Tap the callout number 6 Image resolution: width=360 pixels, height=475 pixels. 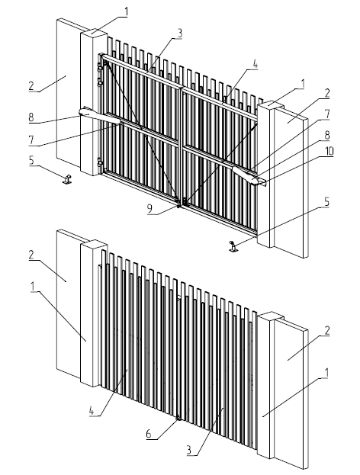(149, 433)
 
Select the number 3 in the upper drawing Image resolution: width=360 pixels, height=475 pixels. (180, 34)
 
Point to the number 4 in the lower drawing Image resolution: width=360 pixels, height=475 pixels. (92, 411)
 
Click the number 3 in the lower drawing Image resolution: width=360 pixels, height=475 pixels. (189, 450)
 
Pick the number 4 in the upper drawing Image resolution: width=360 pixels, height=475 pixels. (255, 64)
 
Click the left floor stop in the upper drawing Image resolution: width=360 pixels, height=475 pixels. (67, 179)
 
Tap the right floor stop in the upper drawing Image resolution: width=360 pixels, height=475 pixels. (233, 246)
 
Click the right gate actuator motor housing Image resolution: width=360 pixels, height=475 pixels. (246, 175)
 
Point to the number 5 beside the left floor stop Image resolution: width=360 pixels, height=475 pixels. (32, 161)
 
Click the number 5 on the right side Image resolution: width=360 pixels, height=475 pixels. (326, 202)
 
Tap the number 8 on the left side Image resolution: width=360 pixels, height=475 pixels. (31, 117)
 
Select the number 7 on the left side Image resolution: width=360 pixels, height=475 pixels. (32, 140)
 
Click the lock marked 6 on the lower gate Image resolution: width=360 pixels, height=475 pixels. (178, 418)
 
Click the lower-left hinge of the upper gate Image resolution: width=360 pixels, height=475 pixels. (99, 162)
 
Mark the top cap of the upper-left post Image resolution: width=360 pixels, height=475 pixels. (93, 32)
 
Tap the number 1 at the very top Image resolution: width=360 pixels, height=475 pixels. (126, 11)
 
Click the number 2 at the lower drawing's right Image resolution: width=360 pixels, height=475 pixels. (326, 330)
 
